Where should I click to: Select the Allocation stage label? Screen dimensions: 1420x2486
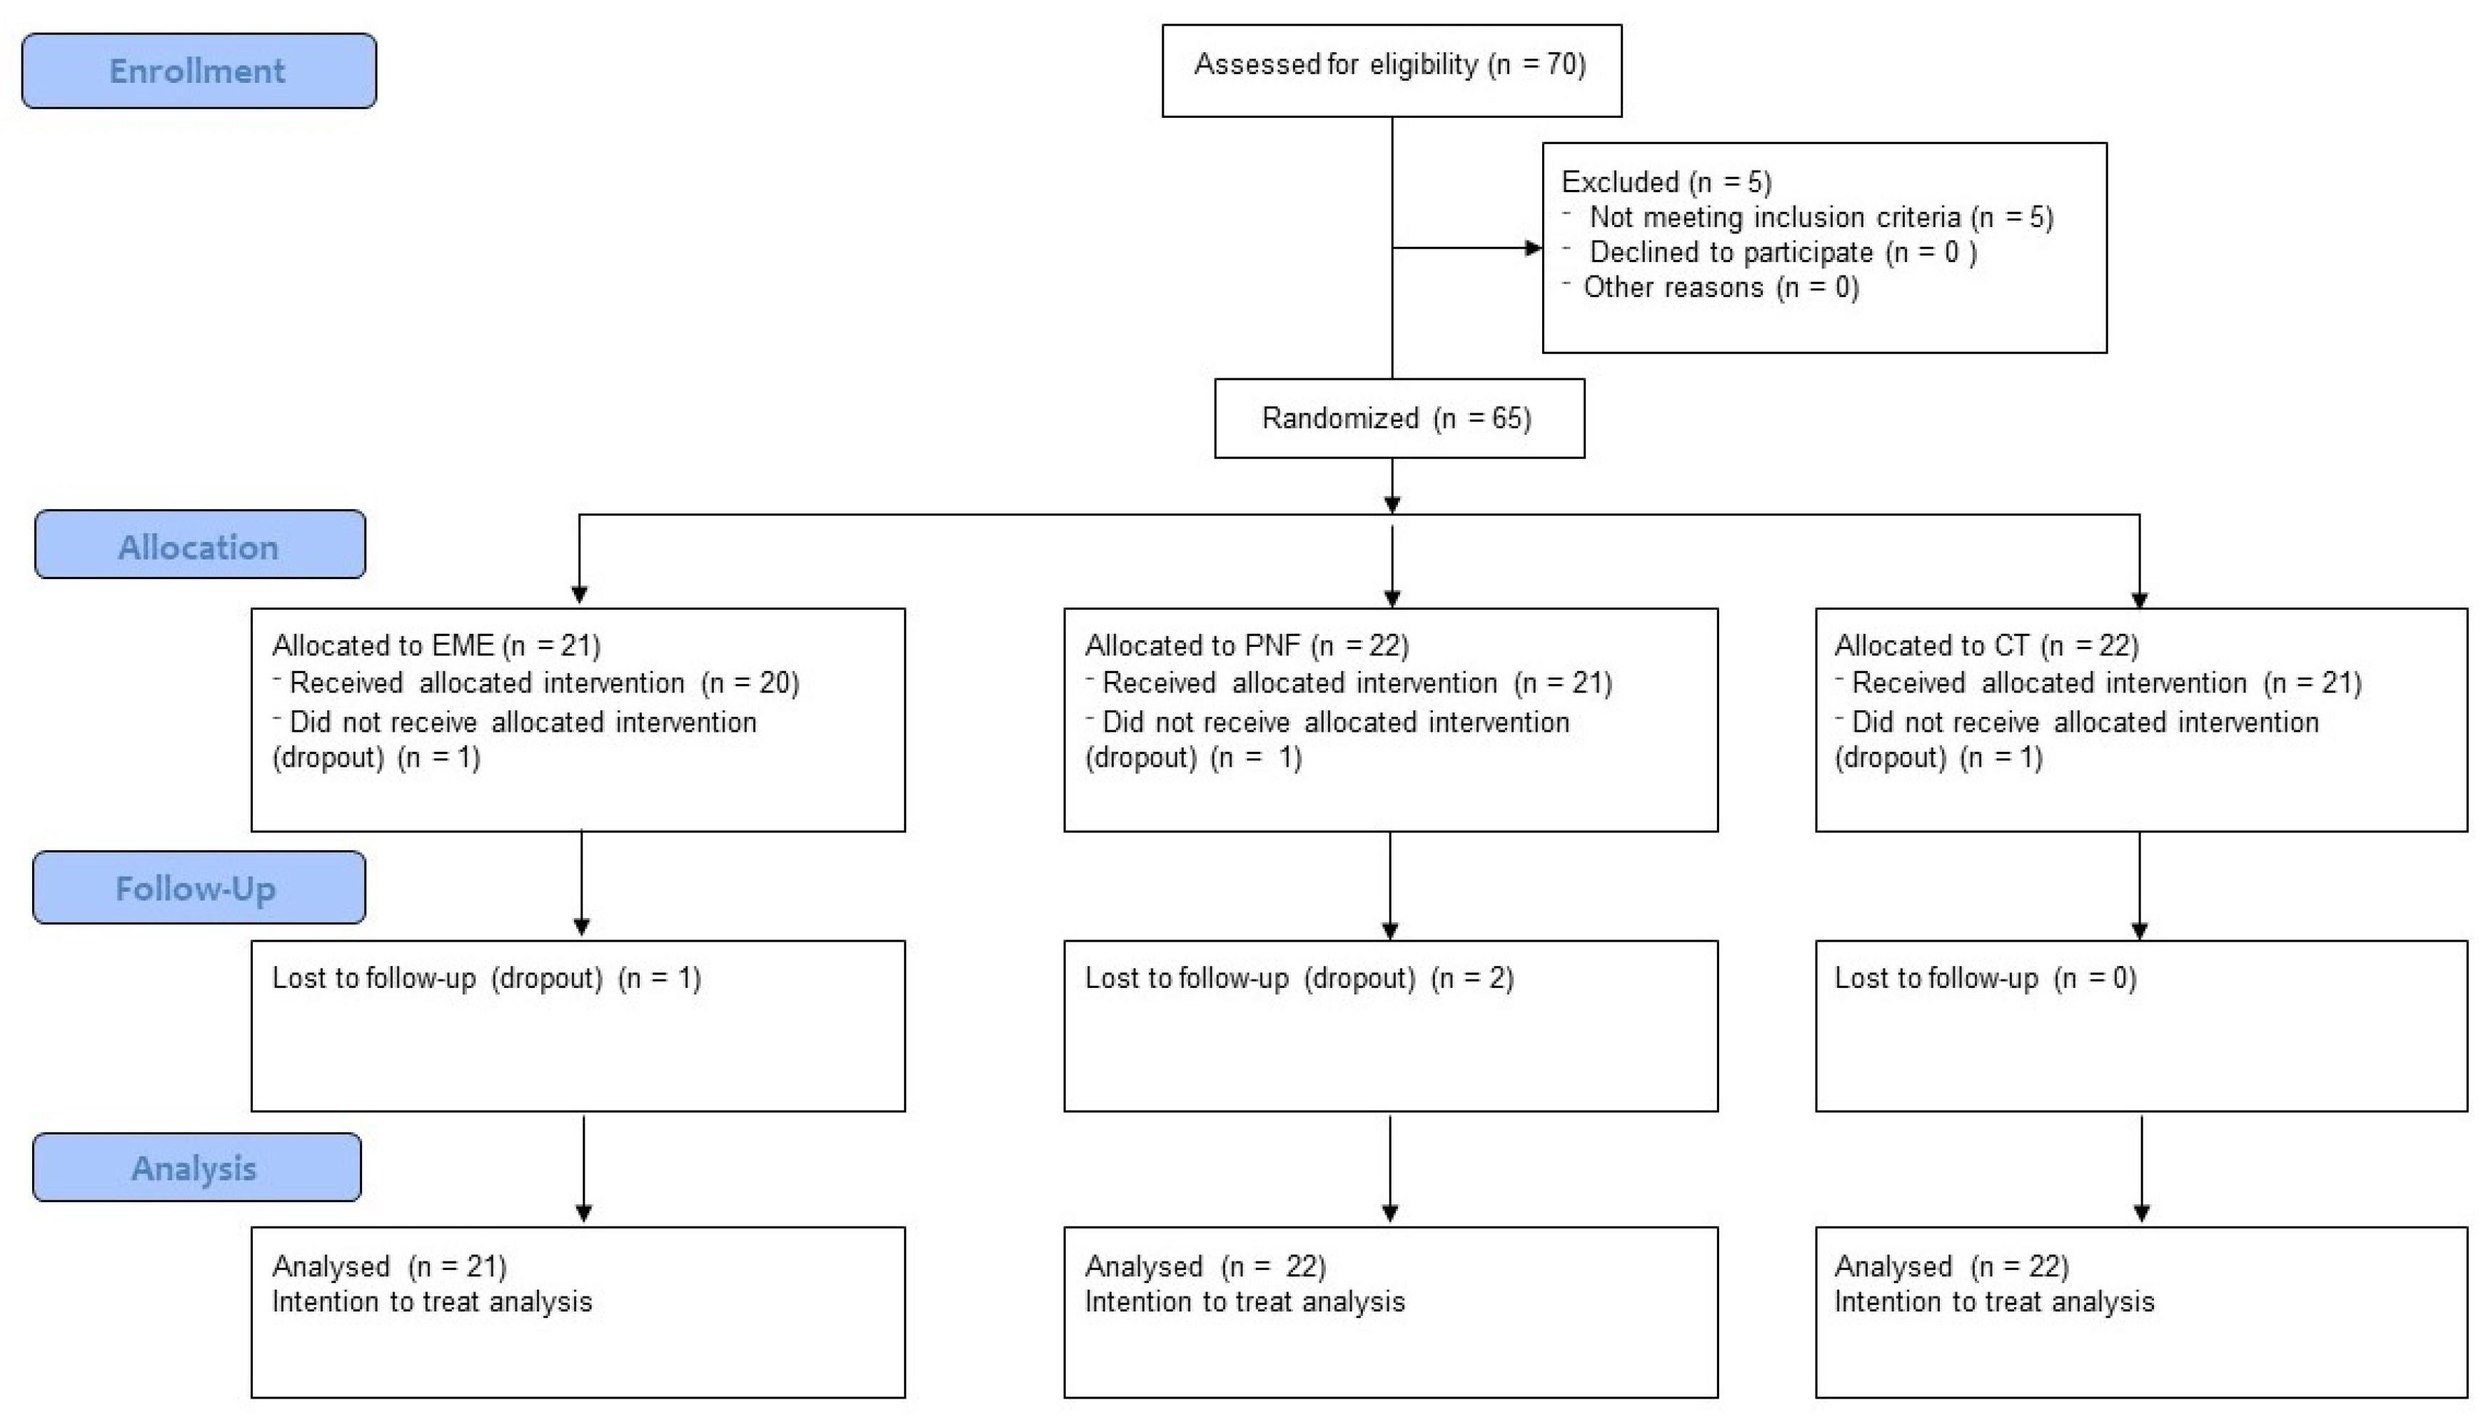pyautogui.click(x=199, y=546)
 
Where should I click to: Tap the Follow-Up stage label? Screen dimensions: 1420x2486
pyautogui.click(x=198, y=888)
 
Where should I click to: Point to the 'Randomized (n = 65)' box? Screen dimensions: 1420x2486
pyautogui.click(x=1398, y=418)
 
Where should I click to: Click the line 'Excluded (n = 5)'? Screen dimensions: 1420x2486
pyautogui.click(x=1666, y=182)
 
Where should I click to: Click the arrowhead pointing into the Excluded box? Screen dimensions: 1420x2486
pyautogui.click(x=1532, y=248)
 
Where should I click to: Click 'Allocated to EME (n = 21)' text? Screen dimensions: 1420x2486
pyautogui.click(x=436, y=645)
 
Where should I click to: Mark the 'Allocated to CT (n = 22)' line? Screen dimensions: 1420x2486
pyautogui.click(x=1985, y=645)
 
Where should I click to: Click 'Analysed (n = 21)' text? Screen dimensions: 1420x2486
pyautogui.click(x=389, y=1266)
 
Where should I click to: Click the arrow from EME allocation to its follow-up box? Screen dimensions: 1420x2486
pyautogui.click(x=581, y=882)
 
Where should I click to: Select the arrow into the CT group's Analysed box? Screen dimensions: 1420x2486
pyautogui.click(x=2140, y=1170)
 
